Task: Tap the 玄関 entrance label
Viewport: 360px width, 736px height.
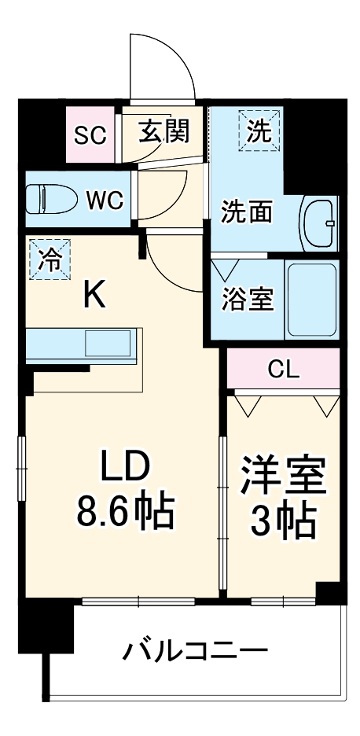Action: [x=165, y=131]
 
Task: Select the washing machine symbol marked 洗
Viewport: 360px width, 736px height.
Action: [x=259, y=128]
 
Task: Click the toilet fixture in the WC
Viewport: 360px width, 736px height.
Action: [x=50, y=199]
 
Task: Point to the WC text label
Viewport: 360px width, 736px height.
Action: [x=105, y=201]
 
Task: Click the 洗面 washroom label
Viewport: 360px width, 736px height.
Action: [x=246, y=212]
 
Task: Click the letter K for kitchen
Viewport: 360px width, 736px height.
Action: [x=94, y=296]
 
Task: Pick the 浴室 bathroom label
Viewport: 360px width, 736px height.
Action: [x=246, y=300]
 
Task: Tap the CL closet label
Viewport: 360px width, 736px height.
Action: [x=284, y=369]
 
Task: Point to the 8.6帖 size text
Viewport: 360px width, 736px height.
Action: [x=125, y=512]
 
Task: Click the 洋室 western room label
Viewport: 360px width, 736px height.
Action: [x=283, y=475]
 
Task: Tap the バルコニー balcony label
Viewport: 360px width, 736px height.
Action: [x=195, y=652]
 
